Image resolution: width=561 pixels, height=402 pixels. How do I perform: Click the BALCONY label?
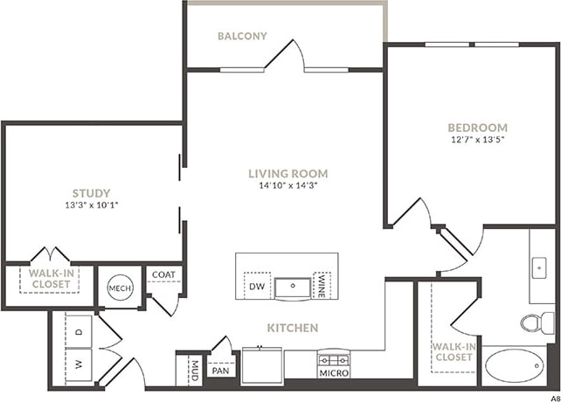(x=242, y=37)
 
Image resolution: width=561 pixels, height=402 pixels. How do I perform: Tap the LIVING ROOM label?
(x=287, y=174)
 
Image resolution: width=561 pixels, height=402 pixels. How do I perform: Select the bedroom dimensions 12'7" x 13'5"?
(x=477, y=139)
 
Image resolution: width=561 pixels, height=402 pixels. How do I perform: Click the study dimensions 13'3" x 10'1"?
(x=91, y=206)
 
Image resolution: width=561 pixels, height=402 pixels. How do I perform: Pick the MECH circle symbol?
(x=119, y=288)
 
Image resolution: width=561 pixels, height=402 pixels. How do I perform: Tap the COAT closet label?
(x=163, y=274)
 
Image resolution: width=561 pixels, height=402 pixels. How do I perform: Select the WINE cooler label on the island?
(x=322, y=286)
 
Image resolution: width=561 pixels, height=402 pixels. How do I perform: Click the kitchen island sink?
(x=291, y=286)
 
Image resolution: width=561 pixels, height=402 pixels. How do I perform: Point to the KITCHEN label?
(x=293, y=328)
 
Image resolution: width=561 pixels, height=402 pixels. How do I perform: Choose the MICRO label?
(x=334, y=373)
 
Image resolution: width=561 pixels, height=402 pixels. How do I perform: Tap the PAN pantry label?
(x=219, y=370)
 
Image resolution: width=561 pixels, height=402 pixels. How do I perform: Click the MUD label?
(x=194, y=370)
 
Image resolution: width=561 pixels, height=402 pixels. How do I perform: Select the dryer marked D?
(x=79, y=331)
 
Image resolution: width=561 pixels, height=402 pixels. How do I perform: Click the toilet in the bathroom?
(x=533, y=323)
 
